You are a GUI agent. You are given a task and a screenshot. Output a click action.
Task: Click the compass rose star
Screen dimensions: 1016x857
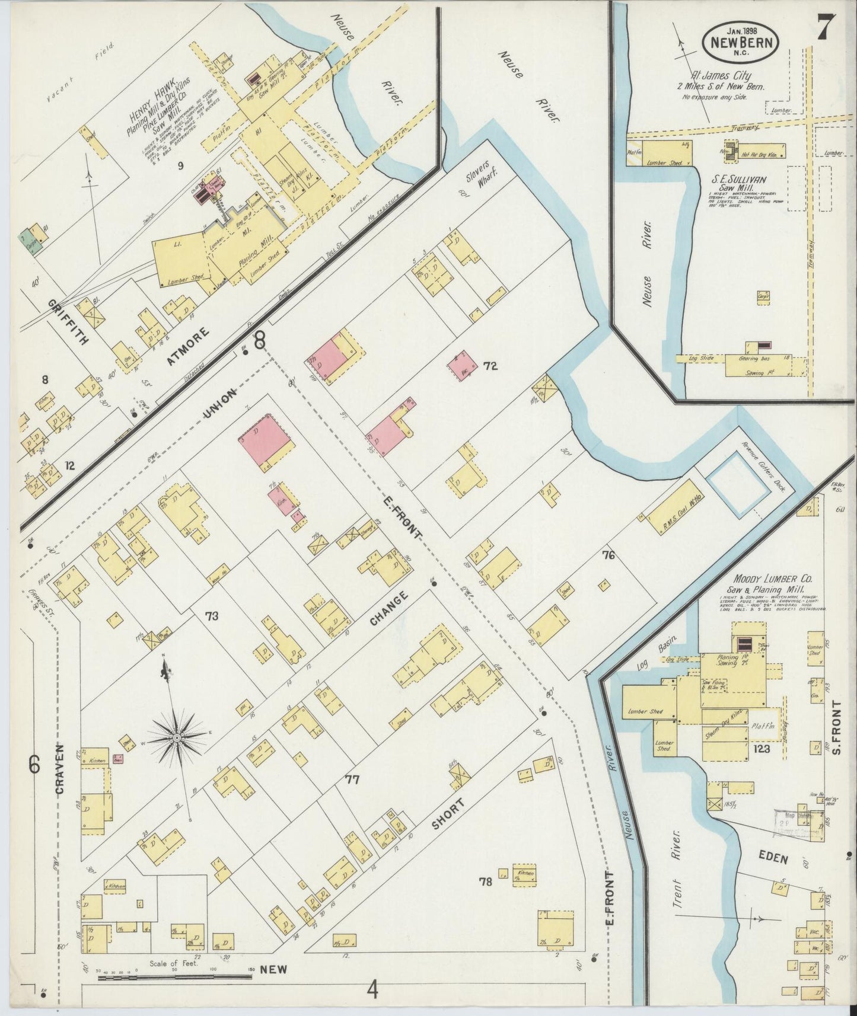tap(176, 737)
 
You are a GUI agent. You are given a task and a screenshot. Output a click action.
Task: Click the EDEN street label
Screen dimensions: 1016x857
tap(773, 858)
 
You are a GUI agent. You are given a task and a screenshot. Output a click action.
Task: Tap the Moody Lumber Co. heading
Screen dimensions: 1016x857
tap(772, 579)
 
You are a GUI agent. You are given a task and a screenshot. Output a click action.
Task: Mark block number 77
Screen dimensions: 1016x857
tap(352, 779)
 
